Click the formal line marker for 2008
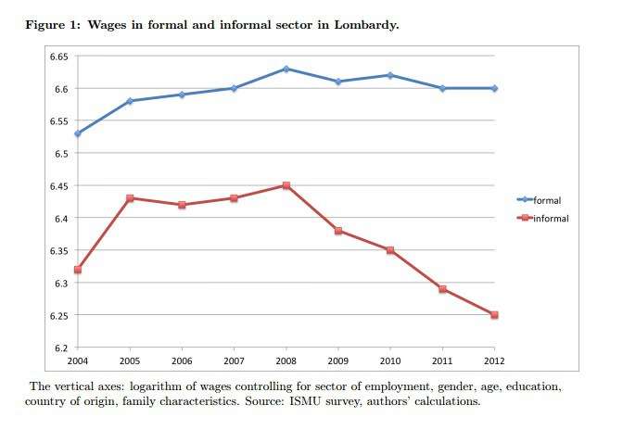pyautogui.click(x=286, y=69)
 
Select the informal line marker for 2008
pyautogui.click(x=286, y=185)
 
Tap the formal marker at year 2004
pyautogui.click(x=77, y=133)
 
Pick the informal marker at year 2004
pyautogui.click(x=77, y=270)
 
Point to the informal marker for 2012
pyautogui.click(x=495, y=315)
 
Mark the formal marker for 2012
pyautogui.click(x=495, y=88)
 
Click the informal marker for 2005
pyautogui.click(x=130, y=198)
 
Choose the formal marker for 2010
pyautogui.click(x=390, y=75)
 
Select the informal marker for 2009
pyautogui.click(x=338, y=231)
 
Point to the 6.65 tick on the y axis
pyautogui.click(x=58, y=57)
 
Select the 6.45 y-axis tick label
pyautogui.click(x=58, y=185)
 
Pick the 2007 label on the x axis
pyautogui.click(x=234, y=360)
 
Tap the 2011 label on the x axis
pyautogui.click(x=443, y=360)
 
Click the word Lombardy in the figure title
pyautogui.click(x=366, y=25)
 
